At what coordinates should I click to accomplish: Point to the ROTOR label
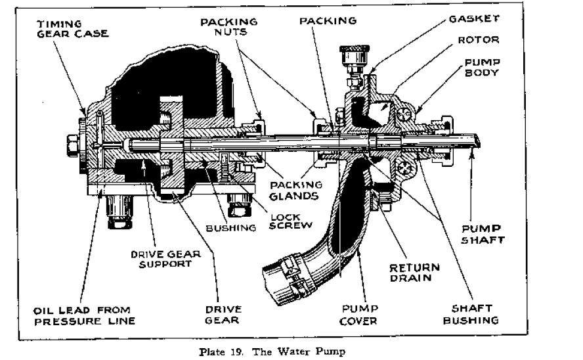click(x=479, y=40)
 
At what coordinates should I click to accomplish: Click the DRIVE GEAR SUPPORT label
click(x=161, y=259)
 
